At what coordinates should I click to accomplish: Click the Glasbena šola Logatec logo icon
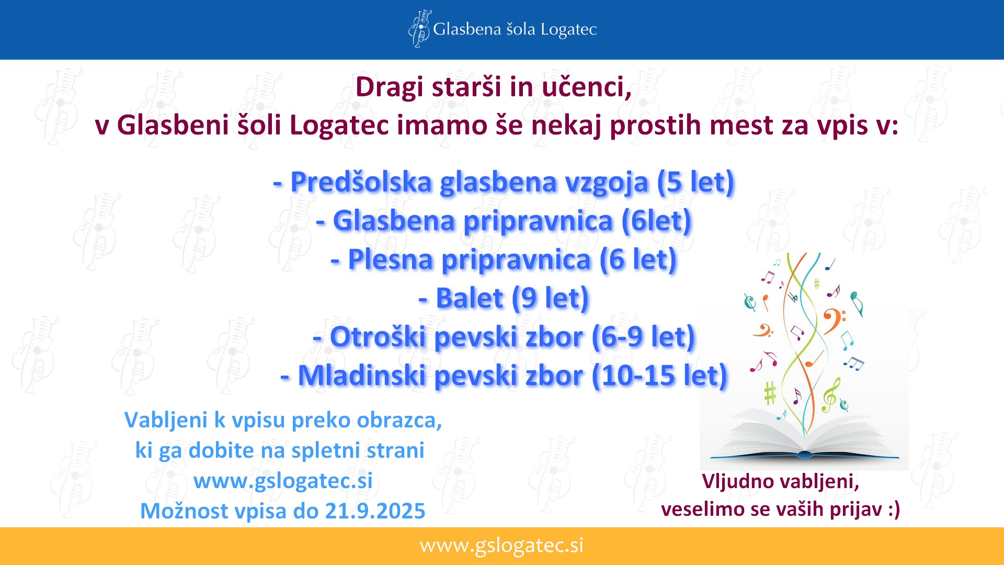[420, 29]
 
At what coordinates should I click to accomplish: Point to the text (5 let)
[695, 183]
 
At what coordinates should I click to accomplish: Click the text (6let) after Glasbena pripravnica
[656, 221]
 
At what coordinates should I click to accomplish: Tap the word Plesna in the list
[390, 259]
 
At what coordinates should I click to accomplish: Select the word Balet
[470, 298]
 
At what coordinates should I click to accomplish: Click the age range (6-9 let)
[643, 337]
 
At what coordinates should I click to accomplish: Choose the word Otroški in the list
[378, 337]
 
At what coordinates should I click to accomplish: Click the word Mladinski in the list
[362, 376]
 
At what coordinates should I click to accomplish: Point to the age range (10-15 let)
[659, 376]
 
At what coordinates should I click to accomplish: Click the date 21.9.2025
[375, 511]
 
